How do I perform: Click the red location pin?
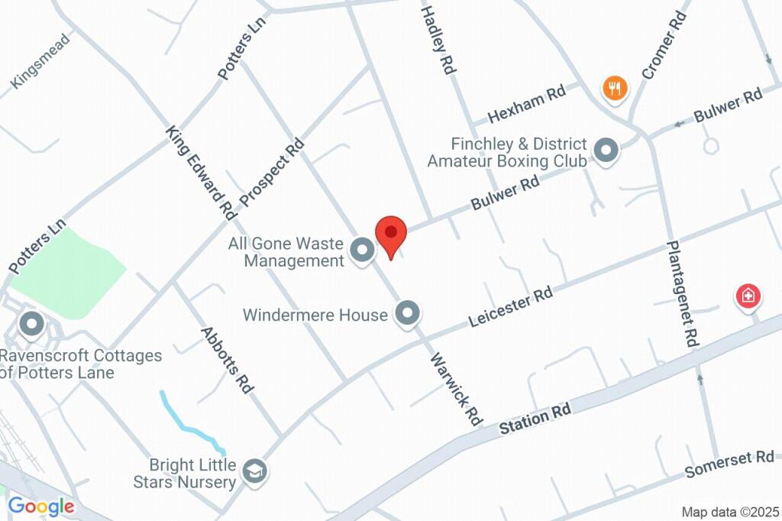click(391, 233)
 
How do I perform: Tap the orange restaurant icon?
click(615, 88)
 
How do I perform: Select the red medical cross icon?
click(748, 296)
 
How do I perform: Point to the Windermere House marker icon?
click(408, 313)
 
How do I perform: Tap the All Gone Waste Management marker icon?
click(362, 249)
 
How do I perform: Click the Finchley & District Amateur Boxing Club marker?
click(606, 150)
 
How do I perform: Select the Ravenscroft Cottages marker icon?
click(32, 324)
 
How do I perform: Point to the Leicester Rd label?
click(510, 307)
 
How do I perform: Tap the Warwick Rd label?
click(457, 390)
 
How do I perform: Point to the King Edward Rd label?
click(200, 173)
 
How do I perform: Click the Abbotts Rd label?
click(227, 360)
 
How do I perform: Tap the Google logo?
click(41, 506)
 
